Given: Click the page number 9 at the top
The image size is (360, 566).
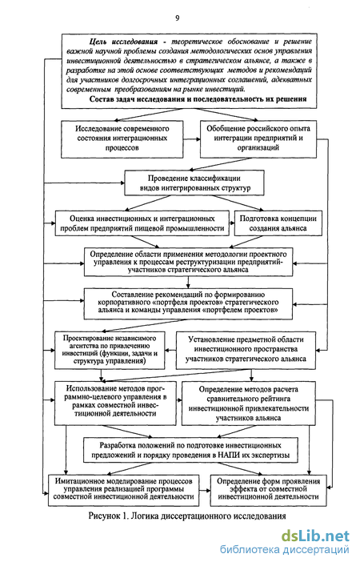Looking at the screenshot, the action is [x=177, y=18].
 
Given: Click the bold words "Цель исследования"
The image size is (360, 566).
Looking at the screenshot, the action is [x=123, y=42].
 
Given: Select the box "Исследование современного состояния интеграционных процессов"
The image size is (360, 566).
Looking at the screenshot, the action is [x=122, y=139].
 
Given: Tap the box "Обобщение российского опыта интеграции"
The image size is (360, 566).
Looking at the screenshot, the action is [x=258, y=139].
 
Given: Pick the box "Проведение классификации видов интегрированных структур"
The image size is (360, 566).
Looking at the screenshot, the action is [x=194, y=183].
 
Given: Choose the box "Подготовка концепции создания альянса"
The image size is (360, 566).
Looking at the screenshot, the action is [x=278, y=223].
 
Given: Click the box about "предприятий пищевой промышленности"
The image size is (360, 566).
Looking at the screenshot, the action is [x=142, y=223].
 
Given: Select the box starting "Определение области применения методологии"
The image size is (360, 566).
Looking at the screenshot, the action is [x=188, y=262].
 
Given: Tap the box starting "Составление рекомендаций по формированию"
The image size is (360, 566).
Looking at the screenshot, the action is [x=188, y=303].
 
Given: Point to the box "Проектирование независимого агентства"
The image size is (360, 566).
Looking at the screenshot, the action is [x=110, y=350].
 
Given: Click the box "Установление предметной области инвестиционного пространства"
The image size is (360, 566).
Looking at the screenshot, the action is [x=246, y=350].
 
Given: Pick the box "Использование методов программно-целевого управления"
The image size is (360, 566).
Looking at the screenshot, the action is [x=115, y=403].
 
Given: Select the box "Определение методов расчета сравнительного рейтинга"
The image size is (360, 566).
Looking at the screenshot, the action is [x=249, y=403].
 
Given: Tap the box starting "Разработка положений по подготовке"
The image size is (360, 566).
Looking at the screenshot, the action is [x=191, y=450].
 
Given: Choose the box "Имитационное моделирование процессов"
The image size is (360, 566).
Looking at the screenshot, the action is [x=124, y=490].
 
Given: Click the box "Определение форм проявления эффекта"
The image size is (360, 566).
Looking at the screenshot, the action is [x=269, y=490].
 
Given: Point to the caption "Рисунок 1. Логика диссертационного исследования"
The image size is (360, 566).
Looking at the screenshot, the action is [x=187, y=516].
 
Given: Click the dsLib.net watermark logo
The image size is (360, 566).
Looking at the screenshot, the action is [x=315, y=536].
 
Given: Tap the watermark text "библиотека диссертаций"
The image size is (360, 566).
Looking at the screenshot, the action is [x=285, y=550].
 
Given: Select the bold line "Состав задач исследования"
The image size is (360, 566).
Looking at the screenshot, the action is [x=198, y=99].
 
